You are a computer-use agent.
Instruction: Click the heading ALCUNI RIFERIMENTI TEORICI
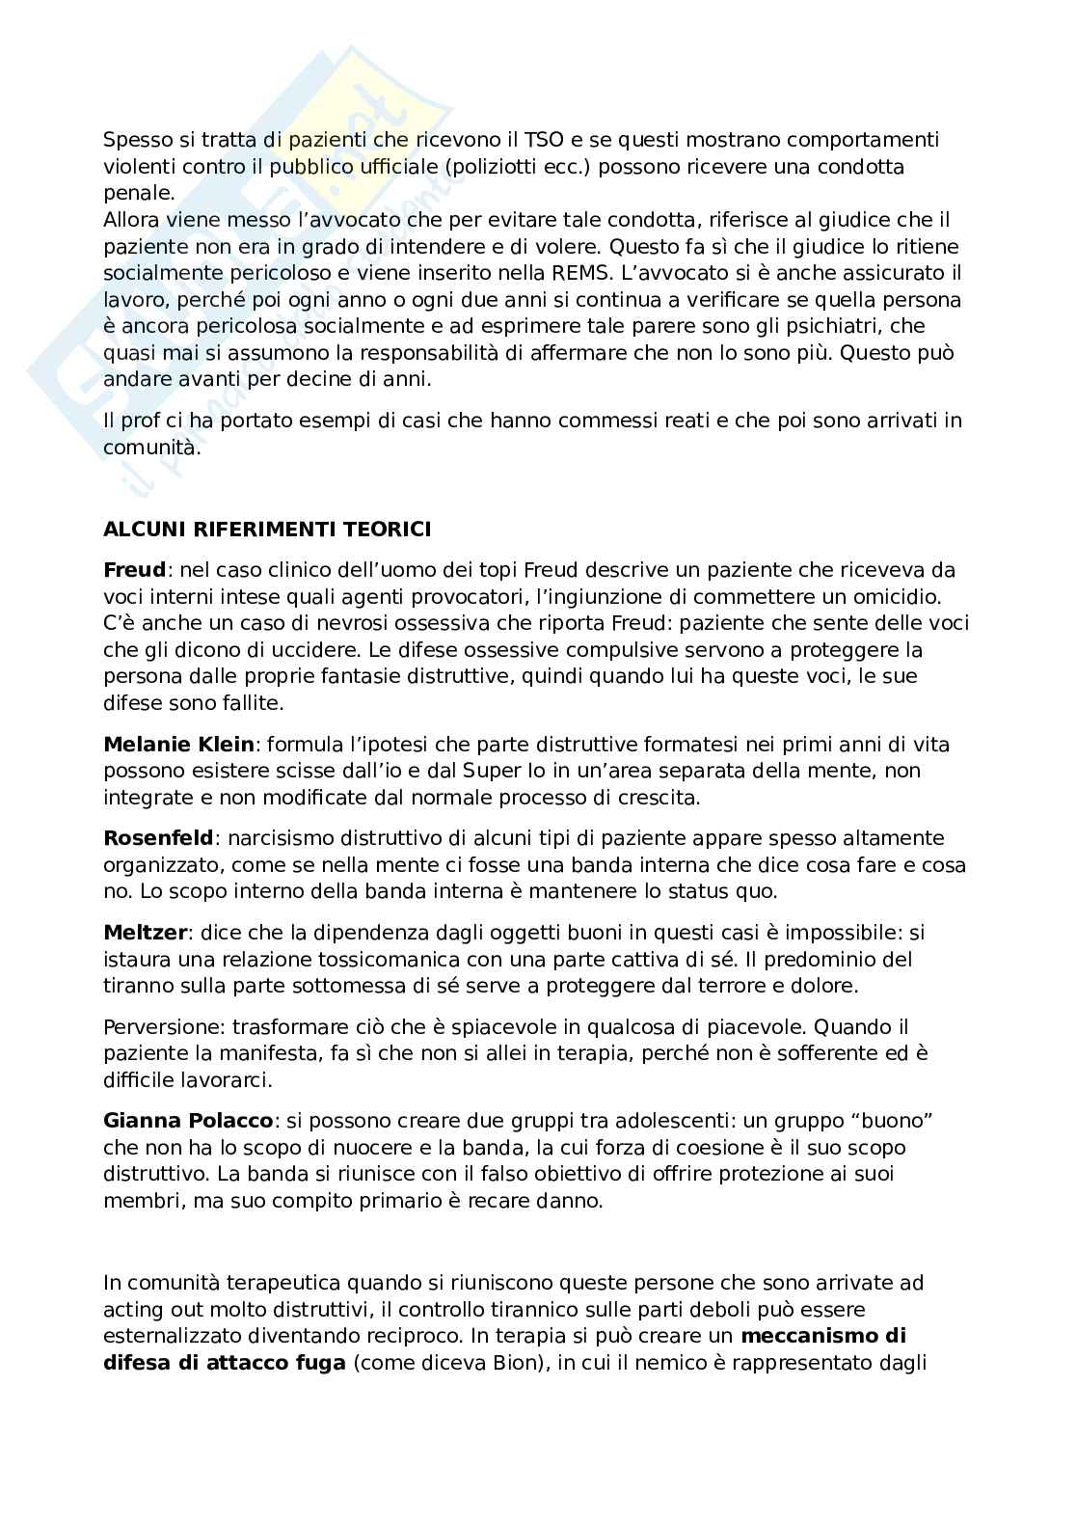tap(267, 529)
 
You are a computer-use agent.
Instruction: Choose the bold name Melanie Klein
tap(178, 744)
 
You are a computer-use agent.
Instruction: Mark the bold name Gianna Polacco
tap(189, 1121)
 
